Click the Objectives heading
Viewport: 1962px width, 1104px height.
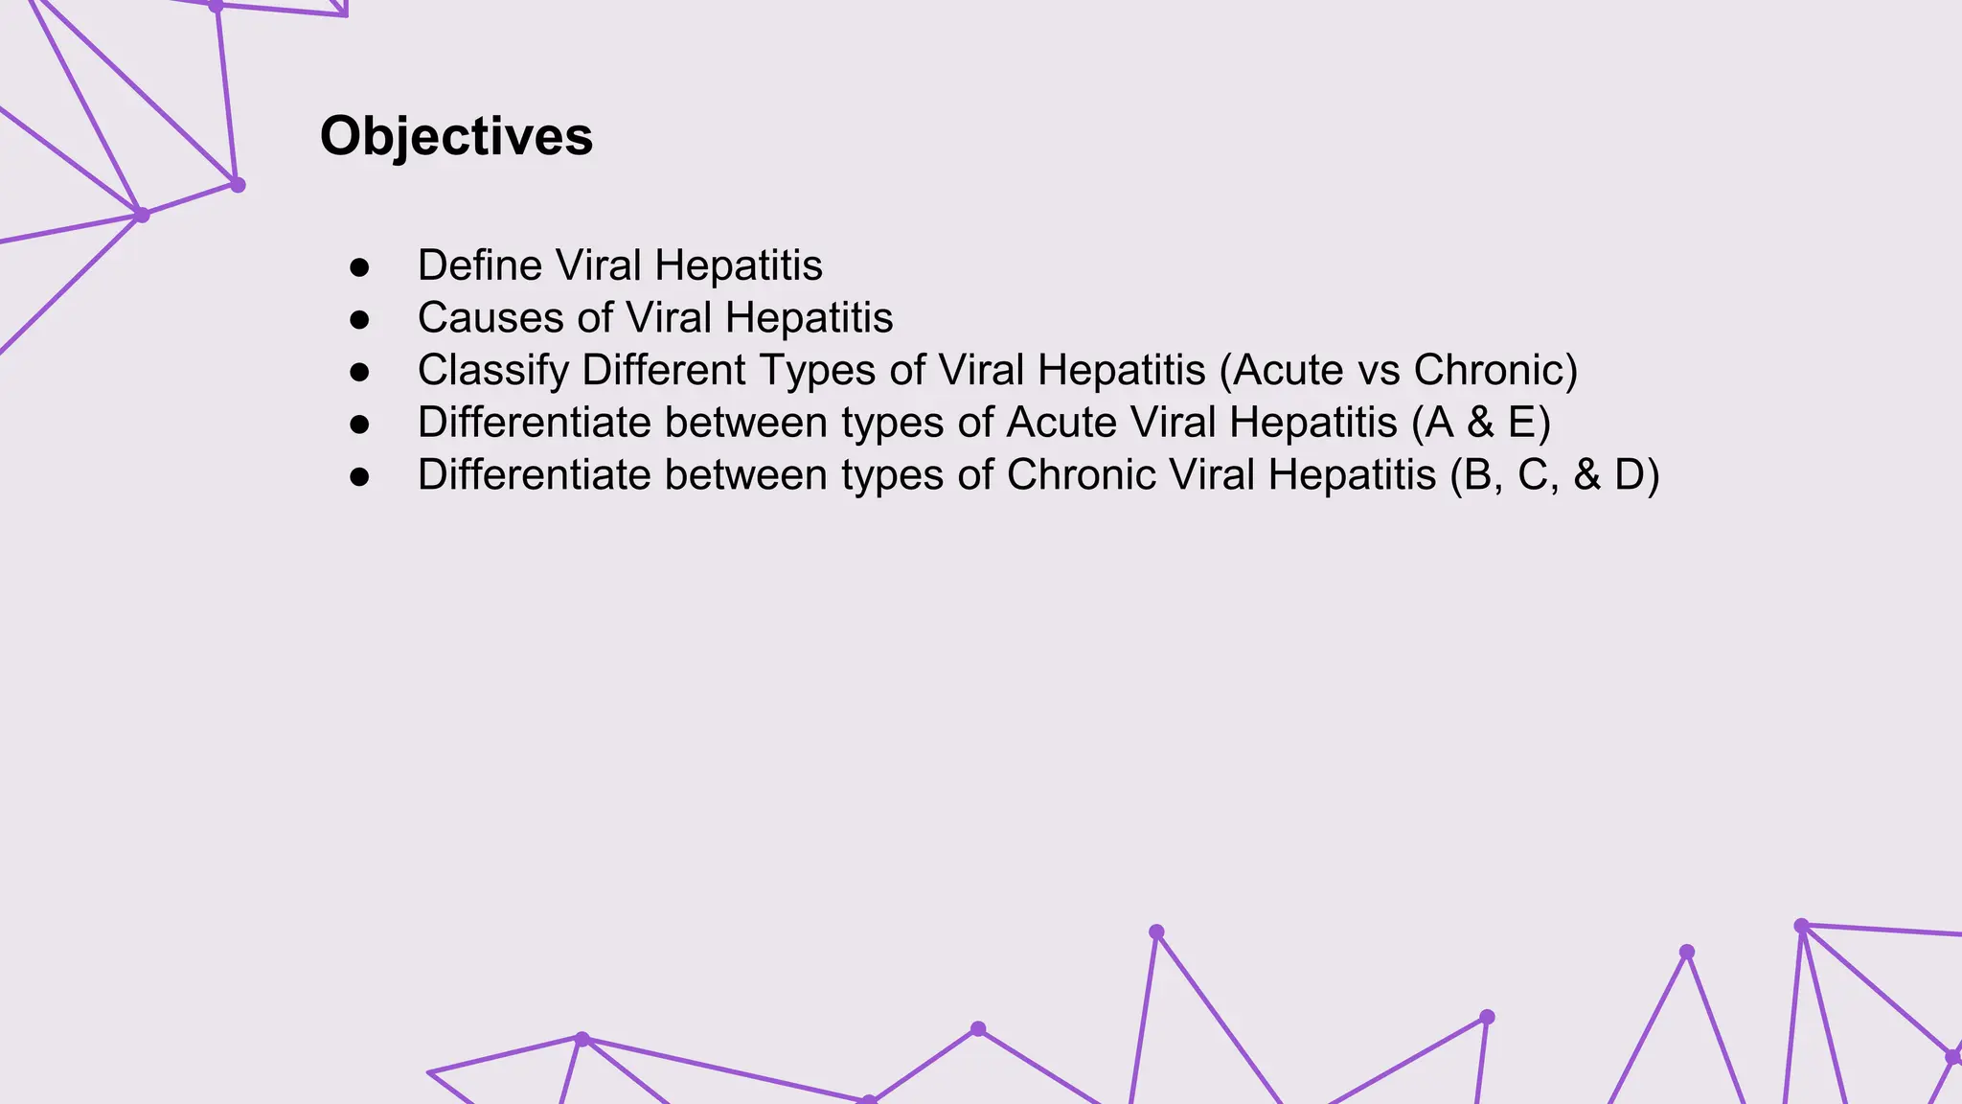(x=456, y=136)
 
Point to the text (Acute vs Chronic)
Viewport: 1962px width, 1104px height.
(x=1399, y=371)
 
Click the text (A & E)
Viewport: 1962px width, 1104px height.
(x=1481, y=423)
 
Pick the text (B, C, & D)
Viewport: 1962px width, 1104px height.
(x=1554, y=475)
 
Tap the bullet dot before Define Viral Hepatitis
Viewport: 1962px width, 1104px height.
(x=360, y=267)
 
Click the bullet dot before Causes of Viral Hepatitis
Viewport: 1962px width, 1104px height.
(x=360, y=320)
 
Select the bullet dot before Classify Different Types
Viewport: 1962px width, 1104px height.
(x=360, y=372)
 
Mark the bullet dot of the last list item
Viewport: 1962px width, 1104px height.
(x=360, y=476)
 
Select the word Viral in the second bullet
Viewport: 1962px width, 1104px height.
(x=668, y=318)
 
